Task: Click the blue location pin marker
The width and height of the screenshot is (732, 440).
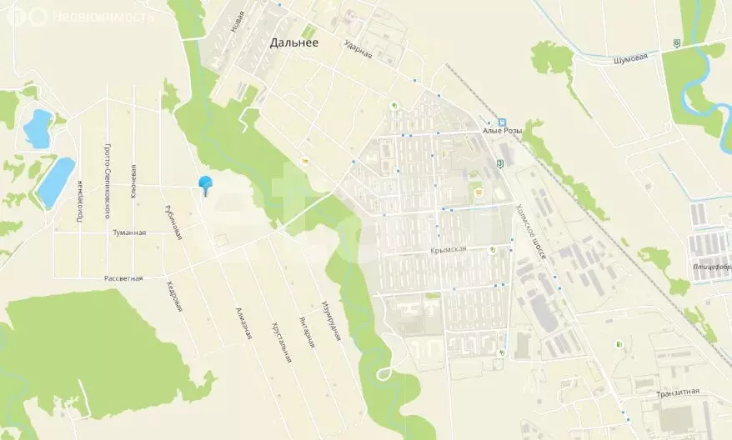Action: (204, 185)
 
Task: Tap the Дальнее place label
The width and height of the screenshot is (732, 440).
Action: (293, 43)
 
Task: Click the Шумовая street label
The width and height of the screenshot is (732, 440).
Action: (630, 58)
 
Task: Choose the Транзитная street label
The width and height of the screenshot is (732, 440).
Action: (677, 392)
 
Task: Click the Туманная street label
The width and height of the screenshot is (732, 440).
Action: (129, 232)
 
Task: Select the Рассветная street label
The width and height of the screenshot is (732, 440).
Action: (123, 278)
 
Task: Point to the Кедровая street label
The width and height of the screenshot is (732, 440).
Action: (173, 296)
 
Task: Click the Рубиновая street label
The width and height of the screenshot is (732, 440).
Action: (173, 222)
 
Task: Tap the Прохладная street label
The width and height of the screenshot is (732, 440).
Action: (80, 202)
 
